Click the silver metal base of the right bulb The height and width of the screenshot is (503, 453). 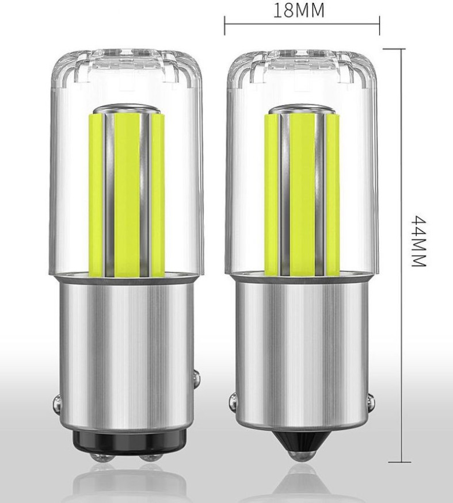301,345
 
